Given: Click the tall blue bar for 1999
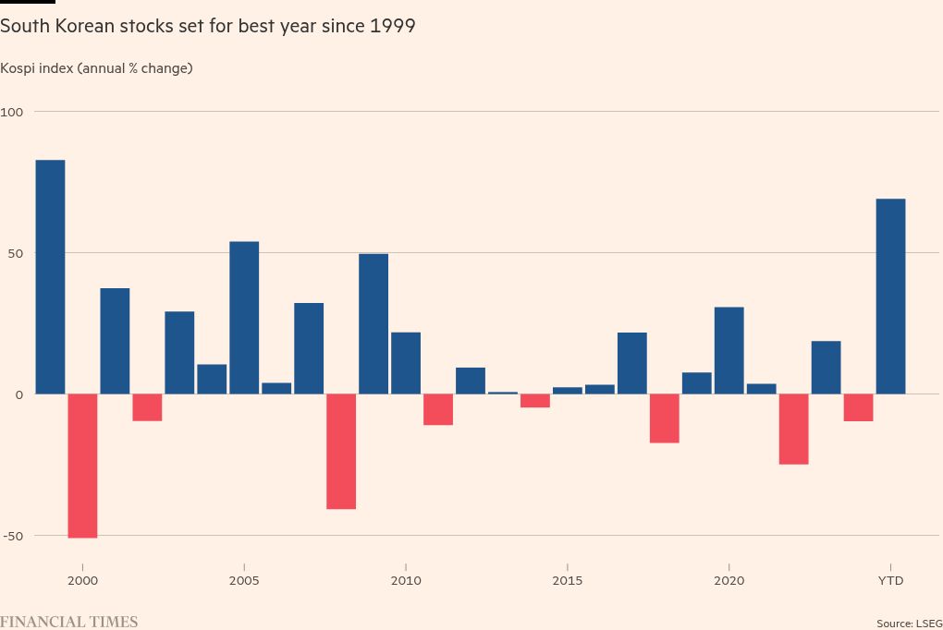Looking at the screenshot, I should [50, 277].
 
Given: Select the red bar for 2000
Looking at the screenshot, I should [82, 466].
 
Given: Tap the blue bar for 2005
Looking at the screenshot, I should [244, 318].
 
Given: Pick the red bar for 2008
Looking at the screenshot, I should [341, 452].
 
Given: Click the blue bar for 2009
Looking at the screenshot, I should [374, 323].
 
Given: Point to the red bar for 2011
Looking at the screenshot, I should [438, 409].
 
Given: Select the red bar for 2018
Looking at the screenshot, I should [665, 418].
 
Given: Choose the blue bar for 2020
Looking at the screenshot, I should [729, 350].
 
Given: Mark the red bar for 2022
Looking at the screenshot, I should [793, 429].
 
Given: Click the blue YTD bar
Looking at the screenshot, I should [890, 297].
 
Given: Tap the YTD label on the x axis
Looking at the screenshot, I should [890, 580].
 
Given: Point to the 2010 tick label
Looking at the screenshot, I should [406, 580].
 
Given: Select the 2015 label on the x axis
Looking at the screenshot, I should [568, 580].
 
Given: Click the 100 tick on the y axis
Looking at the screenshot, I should [11, 112].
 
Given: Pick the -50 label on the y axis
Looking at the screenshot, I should [12, 536].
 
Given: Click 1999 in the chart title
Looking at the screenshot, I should [392, 26].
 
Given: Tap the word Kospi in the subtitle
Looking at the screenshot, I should [18, 68].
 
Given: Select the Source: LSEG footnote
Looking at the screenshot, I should [909, 624].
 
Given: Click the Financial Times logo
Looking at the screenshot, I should [69, 622].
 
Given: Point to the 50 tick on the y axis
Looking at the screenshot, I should [15, 253].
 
